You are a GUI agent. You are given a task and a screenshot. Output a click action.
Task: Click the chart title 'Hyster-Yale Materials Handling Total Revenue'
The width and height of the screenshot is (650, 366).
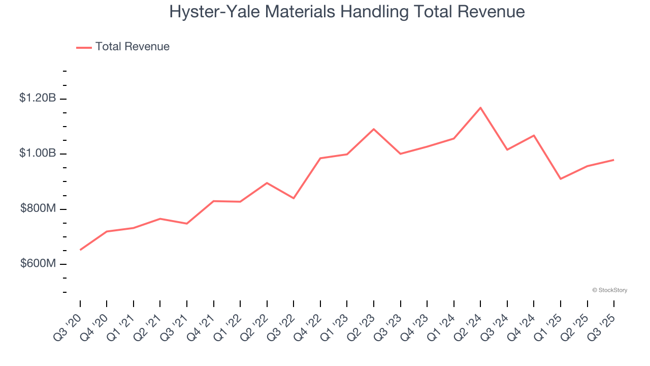(347, 11)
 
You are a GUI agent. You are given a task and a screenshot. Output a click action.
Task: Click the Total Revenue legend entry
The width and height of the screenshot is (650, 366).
(123, 47)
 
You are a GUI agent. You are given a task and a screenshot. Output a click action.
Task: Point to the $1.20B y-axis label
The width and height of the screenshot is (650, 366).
(38, 98)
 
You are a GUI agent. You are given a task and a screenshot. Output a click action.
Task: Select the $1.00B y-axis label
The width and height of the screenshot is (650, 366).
(38, 154)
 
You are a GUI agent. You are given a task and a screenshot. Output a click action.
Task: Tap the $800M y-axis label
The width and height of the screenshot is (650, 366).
(38, 209)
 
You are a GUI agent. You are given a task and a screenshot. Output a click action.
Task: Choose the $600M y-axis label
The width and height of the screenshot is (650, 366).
(38, 264)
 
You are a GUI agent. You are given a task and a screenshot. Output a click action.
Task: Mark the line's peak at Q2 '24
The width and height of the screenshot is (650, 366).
(480, 107)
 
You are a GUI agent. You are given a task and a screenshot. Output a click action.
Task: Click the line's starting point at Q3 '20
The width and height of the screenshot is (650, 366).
(80, 250)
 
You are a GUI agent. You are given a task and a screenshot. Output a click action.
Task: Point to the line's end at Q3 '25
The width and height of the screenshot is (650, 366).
(614, 160)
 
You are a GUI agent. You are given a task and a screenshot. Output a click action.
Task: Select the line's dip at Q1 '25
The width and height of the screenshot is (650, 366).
(561, 179)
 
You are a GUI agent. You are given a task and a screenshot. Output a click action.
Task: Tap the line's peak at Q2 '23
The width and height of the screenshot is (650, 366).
(374, 129)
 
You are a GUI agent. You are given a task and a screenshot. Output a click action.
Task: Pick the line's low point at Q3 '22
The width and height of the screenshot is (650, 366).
(294, 198)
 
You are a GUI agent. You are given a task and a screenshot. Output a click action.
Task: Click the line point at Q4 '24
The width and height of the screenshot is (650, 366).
(534, 135)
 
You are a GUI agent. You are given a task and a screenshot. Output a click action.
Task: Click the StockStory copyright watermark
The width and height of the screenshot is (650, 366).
(609, 290)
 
